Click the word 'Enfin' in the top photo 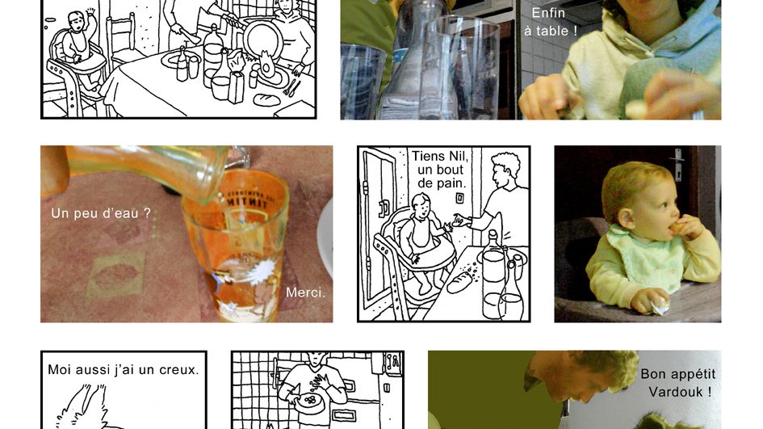tap(548, 13)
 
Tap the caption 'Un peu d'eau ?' tap(101, 213)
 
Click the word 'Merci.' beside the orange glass tap(305, 292)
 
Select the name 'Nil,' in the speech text tap(458, 156)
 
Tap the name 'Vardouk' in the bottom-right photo tap(676, 392)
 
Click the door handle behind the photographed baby tap(678, 163)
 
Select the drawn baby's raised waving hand tap(90, 12)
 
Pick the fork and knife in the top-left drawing tap(292, 87)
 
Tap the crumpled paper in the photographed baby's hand tap(660, 307)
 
